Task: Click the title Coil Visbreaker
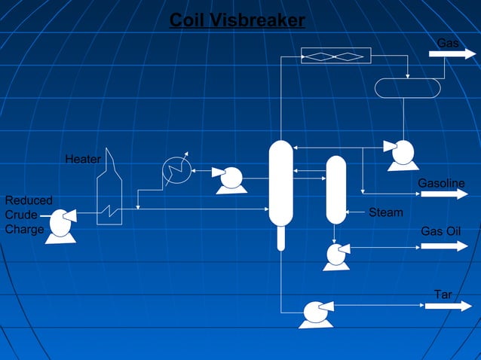click(x=237, y=20)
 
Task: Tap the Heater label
click(x=83, y=160)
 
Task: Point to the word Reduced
click(x=29, y=200)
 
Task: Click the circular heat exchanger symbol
click(x=176, y=171)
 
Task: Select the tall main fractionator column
click(x=280, y=185)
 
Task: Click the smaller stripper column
click(x=335, y=190)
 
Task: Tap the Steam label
click(x=385, y=213)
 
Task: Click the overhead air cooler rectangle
click(x=335, y=56)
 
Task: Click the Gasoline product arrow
click(x=444, y=194)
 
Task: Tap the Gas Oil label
click(x=440, y=230)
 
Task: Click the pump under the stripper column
click(x=335, y=255)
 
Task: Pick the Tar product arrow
click(x=445, y=306)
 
